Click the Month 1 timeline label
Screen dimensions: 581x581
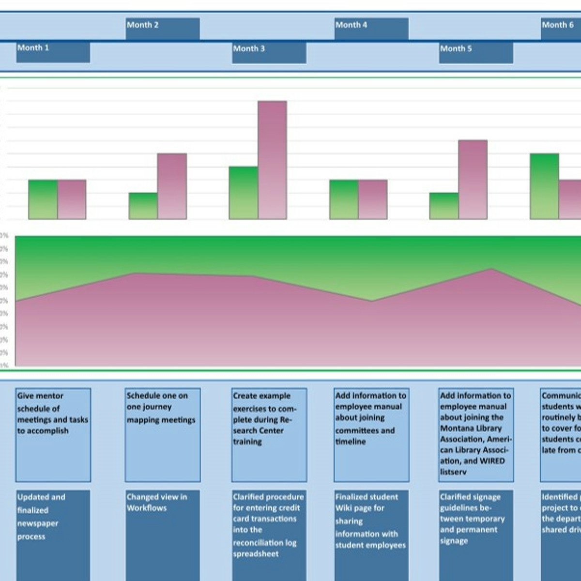[53, 52]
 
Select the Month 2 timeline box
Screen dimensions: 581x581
[162, 29]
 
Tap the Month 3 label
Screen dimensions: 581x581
[269, 53]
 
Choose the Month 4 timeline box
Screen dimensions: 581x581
[371, 29]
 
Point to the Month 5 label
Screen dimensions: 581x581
[475, 53]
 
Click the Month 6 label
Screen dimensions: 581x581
[560, 29]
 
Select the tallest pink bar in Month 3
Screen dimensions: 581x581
[272, 160]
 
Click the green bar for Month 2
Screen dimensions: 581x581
[143, 206]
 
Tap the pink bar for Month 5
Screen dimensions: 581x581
[473, 179]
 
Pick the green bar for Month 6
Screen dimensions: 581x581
[544, 186]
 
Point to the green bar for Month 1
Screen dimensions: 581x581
[43, 199]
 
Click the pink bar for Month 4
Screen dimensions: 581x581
[373, 199]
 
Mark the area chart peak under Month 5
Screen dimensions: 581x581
[491, 269]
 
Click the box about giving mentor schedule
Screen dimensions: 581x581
[53, 434]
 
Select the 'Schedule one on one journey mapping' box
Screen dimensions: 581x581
[162, 434]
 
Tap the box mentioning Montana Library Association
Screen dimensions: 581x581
[475, 434]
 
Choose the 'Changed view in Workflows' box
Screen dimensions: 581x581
[162, 535]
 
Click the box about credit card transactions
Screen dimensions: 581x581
[269, 535]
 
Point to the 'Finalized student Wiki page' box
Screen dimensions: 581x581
[371, 535]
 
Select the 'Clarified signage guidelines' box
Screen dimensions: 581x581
[475, 535]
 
